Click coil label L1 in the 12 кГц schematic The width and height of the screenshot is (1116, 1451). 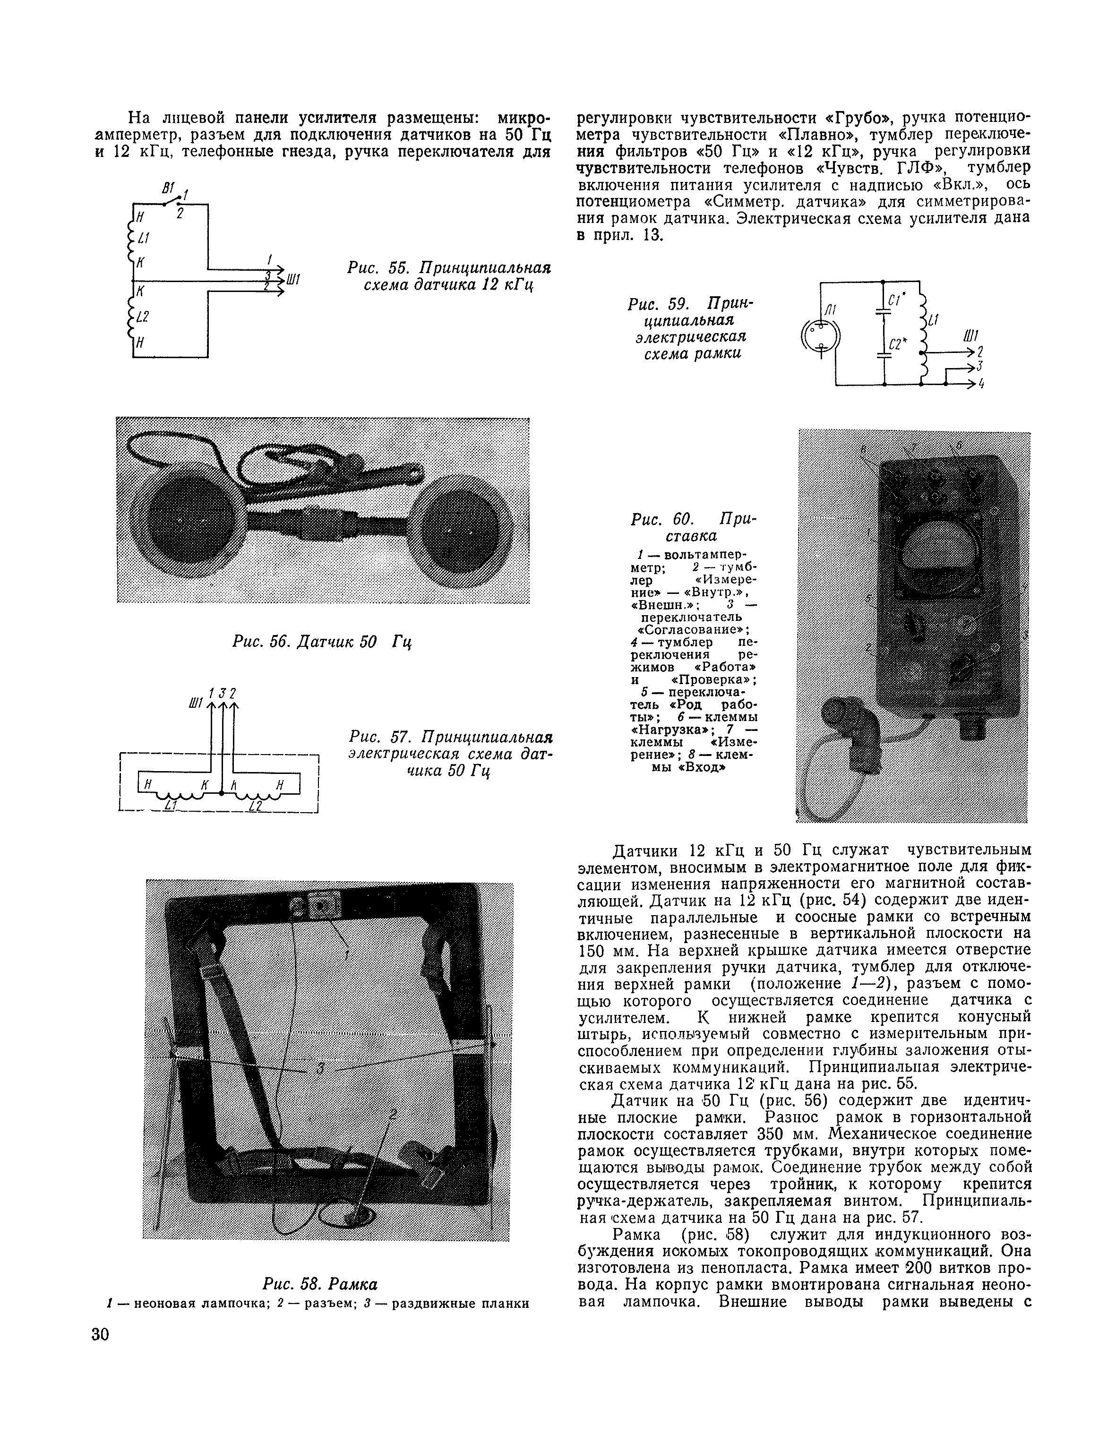tap(144, 238)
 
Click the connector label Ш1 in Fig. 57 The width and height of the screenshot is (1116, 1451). tap(195, 703)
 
